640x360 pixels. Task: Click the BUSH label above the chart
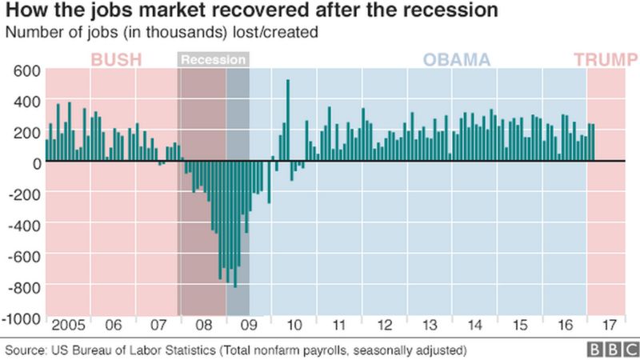[x=117, y=60]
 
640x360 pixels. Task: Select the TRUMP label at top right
[x=600, y=60]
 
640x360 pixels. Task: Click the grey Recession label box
[x=213, y=60]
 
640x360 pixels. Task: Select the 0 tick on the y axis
[x=35, y=162]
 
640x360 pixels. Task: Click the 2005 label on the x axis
[x=68, y=326]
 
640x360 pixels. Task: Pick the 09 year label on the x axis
[x=249, y=326]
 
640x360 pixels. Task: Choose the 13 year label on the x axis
[x=430, y=326]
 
